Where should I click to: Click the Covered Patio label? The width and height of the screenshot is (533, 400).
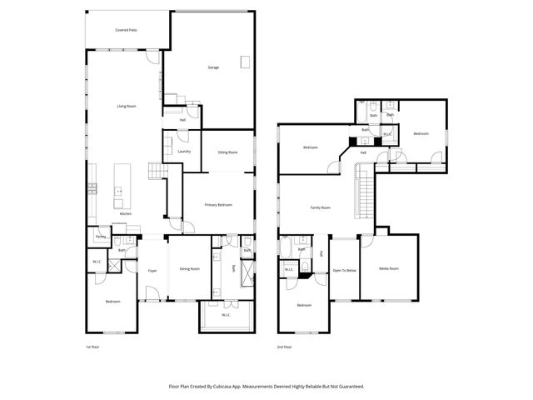click(x=126, y=30)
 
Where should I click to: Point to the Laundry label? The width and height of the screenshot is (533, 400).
click(x=184, y=151)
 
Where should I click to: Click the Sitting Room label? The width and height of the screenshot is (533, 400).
click(x=227, y=152)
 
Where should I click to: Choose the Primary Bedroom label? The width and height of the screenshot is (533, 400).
click(x=218, y=204)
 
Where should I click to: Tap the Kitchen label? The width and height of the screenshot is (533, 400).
click(x=125, y=214)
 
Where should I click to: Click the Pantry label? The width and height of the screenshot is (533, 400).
click(x=101, y=237)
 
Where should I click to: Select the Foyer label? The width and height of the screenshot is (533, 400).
click(x=152, y=271)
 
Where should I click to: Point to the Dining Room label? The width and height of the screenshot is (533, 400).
click(x=189, y=268)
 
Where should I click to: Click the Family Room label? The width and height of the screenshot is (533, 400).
click(x=320, y=207)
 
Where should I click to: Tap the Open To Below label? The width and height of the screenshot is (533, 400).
click(x=344, y=270)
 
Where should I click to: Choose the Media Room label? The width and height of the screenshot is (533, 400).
click(x=389, y=268)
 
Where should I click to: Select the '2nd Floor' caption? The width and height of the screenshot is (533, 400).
click(x=285, y=347)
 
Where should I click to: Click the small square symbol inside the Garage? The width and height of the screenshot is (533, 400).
click(x=244, y=61)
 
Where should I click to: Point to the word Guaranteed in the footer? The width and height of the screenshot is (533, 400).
click(x=348, y=387)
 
